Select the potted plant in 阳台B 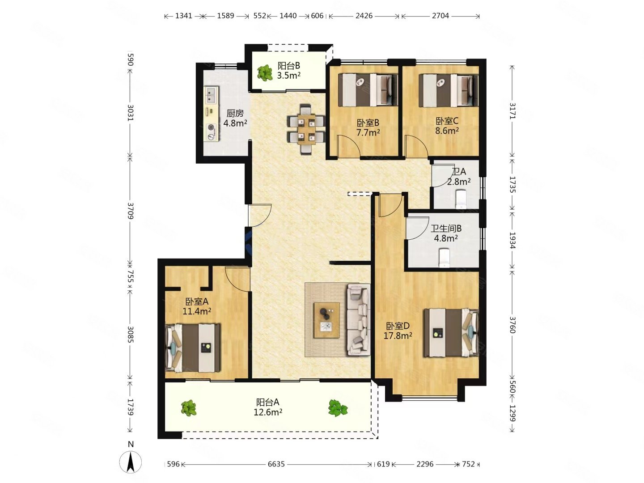(x=265, y=73)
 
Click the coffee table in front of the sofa (x=326, y=320)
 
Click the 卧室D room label (x=398, y=326)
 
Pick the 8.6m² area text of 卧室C (x=447, y=131)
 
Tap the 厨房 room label (x=235, y=113)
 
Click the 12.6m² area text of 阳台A (x=268, y=412)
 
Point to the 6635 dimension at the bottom (x=276, y=464)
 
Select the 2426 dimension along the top (x=364, y=16)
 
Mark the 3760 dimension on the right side (x=512, y=325)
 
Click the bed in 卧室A (x=193, y=348)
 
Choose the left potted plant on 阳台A (x=189, y=408)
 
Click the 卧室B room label (x=368, y=123)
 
